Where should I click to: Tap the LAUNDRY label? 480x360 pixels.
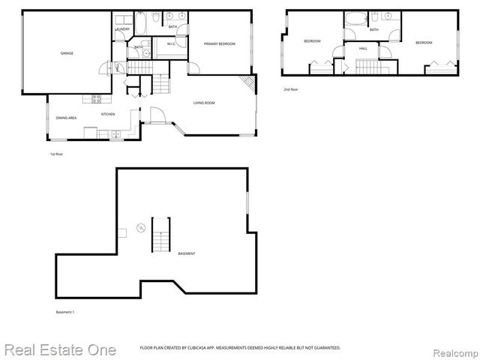122,29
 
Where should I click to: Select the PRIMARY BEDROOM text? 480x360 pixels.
220,44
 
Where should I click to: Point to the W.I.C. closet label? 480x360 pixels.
171,44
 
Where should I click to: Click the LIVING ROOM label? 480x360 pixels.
204,103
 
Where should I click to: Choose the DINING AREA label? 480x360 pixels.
65,118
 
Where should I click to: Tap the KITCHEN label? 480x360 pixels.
108,114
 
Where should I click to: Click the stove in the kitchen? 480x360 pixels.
96,98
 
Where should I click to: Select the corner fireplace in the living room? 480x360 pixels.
247,83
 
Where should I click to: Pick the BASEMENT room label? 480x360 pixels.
187,253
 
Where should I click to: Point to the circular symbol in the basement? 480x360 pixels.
139,227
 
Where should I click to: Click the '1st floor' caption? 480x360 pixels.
56,154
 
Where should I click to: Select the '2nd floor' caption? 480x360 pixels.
290,89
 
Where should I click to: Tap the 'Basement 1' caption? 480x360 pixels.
65,311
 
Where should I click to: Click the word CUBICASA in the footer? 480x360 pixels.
193,348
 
